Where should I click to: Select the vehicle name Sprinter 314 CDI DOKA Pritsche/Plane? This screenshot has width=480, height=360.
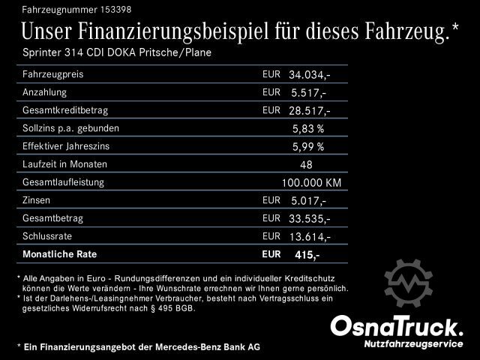[115, 53]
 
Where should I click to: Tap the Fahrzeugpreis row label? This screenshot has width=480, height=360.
[52, 75]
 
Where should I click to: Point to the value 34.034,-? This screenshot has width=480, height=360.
[309, 75]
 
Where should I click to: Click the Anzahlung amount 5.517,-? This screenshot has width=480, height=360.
[307, 93]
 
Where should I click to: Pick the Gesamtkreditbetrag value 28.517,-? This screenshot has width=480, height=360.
[309, 111]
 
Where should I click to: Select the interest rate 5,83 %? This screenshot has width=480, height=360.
[308, 129]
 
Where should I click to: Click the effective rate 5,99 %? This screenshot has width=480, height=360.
[308, 146]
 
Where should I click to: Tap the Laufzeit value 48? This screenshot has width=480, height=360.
[305, 164]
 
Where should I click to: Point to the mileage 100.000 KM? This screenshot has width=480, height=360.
[311, 182]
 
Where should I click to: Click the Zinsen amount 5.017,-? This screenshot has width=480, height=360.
[307, 200]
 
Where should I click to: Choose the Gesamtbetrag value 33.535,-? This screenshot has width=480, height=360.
[309, 218]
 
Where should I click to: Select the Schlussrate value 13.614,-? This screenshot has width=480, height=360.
[309, 236]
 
